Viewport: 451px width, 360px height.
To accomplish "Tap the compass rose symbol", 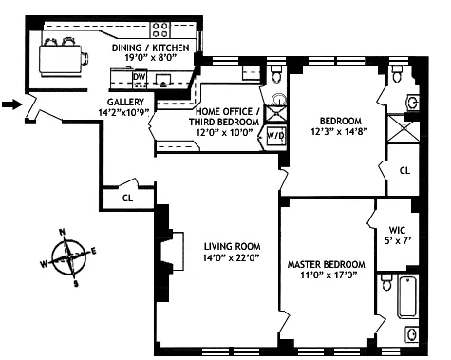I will tap(68, 255).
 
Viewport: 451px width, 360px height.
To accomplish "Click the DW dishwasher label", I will tap(140, 76).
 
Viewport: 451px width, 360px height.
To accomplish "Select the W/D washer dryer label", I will tap(275, 135).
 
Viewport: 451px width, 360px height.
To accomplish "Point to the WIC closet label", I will tap(397, 229).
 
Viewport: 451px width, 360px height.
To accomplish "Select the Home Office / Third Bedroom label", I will tap(220, 116).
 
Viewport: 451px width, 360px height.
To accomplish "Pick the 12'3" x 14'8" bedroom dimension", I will tap(339, 133).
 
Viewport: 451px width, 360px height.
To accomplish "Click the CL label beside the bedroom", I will tap(404, 171).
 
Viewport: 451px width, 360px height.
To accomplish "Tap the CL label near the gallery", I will tap(127, 198).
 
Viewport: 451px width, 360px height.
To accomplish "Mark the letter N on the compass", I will tap(62, 232).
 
